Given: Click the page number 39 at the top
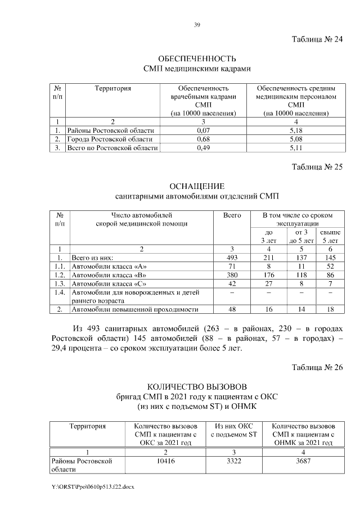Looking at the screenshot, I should tap(197, 25).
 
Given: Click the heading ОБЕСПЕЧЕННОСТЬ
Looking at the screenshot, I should tap(196, 58).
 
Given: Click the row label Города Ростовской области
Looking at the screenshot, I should tap(109, 139).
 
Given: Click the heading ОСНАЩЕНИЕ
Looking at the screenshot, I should tap(196, 186).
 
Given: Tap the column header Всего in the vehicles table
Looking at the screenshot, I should tap(232, 215).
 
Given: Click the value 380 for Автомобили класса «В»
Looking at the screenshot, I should tap(232, 275).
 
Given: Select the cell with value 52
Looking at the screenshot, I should tap(330, 266).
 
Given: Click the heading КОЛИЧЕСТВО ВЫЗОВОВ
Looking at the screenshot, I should tap(196, 387).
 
